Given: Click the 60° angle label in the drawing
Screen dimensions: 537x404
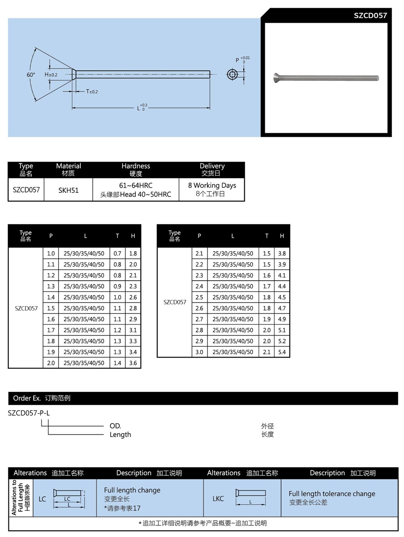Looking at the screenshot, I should [x=31, y=75].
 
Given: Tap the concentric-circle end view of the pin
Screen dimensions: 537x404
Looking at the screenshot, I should [x=232, y=74].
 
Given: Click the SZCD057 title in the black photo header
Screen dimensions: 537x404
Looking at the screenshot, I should [x=370, y=16].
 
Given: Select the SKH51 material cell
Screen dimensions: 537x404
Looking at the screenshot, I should [x=68, y=190].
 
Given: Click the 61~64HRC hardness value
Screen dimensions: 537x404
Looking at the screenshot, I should [x=136, y=185].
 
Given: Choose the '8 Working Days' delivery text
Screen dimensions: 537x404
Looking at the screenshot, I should [x=212, y=185].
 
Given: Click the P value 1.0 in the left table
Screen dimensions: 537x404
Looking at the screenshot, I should [x=51, y=254].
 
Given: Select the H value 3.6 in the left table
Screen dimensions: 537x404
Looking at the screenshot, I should [x=133, y=363].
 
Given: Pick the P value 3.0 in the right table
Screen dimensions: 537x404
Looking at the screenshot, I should [x=199, y=352].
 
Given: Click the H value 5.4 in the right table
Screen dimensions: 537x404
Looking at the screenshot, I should [x=282, y=352].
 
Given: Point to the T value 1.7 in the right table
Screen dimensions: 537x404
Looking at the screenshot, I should [x=267, y=286].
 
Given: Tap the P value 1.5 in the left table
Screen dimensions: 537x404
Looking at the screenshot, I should [x=51, y=308].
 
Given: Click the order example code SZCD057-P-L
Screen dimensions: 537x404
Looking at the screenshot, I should [x=29, y=413].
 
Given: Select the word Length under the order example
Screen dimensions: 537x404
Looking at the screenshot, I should [x=120, y=435].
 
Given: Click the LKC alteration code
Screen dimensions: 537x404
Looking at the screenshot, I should [x=218, y=499].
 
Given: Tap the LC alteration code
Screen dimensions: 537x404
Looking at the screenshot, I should [x=42, y=499].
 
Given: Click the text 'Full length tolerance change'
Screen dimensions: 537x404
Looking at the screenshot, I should [x=332, y=494].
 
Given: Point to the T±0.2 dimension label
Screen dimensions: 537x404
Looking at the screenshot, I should [x=92, y=92].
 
